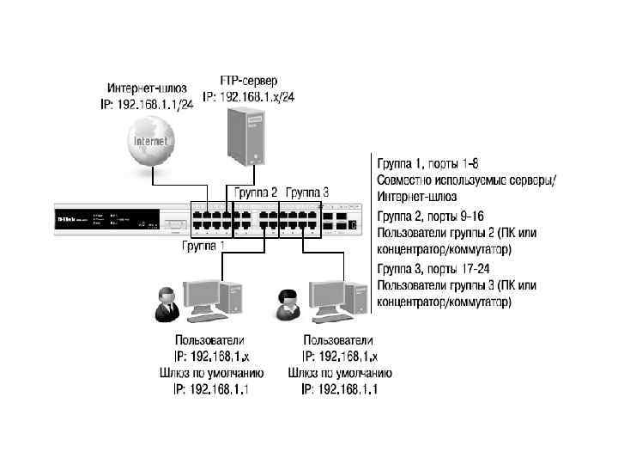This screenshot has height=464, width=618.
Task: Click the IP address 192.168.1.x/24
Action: point(249,97)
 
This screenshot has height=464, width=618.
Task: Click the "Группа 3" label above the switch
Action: point(306,192)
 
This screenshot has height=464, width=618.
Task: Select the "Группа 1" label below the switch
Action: point(203,246)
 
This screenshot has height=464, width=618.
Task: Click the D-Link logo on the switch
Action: point(69,218)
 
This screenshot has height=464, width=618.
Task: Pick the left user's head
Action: point(165,293)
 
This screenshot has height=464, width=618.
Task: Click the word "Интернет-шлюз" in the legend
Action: point(410,197)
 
